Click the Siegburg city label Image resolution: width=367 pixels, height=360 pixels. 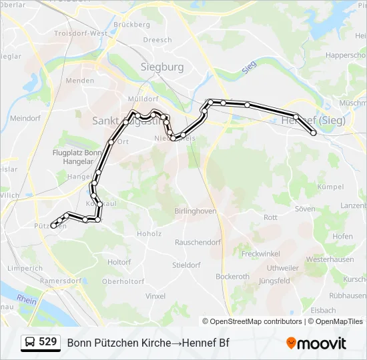pos(161,67)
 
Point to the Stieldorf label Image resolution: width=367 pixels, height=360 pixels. pos(186,265)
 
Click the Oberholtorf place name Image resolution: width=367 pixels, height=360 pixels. pos(123,281)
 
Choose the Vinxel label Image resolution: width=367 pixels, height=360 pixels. pos(155,295)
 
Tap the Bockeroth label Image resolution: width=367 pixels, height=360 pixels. pos(232,277)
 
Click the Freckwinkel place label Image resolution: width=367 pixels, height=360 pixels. pos(261,253)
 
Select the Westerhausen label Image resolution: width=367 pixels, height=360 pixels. pos(330,259)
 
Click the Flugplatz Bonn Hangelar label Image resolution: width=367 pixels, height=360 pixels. pos(75,157)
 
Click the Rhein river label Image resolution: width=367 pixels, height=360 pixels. pos(26,299)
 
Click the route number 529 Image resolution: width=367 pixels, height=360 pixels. pos(47,342)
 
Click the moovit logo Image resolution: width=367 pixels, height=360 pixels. pos(316,343)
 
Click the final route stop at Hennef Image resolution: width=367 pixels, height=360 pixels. pos(314,133)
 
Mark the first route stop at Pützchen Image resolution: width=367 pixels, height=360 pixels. pos(53,225)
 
